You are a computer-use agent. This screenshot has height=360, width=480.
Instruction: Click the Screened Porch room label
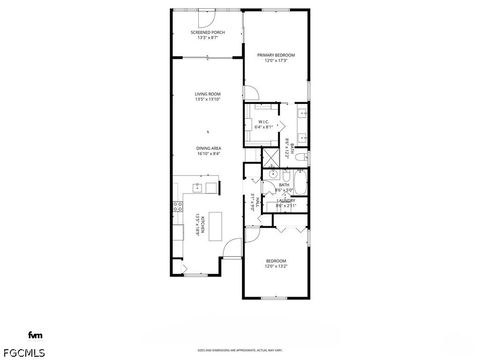click(207, 32)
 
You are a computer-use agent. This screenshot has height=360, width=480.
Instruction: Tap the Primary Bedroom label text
click(275, 55)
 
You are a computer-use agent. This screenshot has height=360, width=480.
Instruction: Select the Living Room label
click(207, 95)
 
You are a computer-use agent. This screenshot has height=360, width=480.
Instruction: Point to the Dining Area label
click(208, 149)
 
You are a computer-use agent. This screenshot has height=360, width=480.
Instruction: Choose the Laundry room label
click(284, 201)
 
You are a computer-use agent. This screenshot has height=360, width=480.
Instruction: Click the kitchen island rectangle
click(211, 224)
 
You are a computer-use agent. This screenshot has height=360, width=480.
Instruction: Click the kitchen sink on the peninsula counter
click(196, 186)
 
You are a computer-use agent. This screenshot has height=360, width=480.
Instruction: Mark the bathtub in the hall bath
click(270, 191)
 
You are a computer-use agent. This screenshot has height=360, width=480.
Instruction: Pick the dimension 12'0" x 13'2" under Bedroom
click(275, 267)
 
